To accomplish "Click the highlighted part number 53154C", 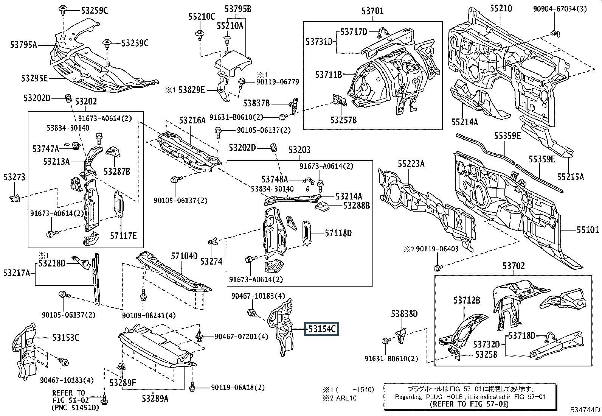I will coord(322,329).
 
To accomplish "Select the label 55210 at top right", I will coord(501,8).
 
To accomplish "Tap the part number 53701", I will coord(372,11).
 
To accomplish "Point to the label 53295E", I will coord(34,78).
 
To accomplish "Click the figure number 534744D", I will coord(585,410).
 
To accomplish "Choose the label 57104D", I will coord(184,256).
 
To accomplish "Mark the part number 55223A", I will coord(411,164).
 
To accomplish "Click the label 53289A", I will coord(155,398).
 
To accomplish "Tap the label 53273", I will coord(14,177).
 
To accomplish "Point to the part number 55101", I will coord(588,230).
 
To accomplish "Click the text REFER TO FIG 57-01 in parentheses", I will coord(469,404).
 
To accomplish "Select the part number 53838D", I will coord(404,313).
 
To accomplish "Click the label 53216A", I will coord(192,120).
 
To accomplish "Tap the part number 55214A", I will coord(465,122).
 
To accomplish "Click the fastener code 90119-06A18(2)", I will coord(238,388).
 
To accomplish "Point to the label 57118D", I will coord(338,233).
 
